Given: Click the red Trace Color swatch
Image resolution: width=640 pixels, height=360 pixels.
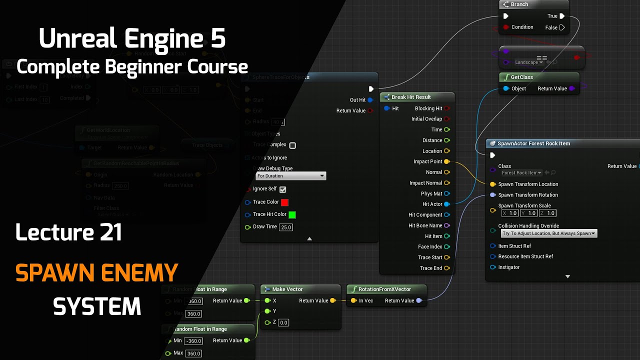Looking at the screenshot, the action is pyautogui.click(x=284, y=202).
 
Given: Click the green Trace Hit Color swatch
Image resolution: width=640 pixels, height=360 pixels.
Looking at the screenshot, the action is pyautogui.click(x=292, y=214).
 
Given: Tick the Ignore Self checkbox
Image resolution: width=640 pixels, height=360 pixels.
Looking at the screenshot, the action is pyautogui.click(x=282, y=189).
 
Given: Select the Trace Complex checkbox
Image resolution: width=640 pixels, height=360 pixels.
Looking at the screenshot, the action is pyautogui.click(x=292, y=145).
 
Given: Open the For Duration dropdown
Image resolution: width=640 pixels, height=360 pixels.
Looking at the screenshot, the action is pyautogui.click(x=290, y=176).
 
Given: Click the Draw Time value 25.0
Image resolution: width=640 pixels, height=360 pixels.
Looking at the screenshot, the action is pyautogui.click(x=286, y=227).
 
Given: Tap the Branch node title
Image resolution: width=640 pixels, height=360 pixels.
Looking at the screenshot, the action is pyautogui.click(x=519, y=4).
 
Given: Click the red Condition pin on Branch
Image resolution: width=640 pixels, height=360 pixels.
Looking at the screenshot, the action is pyautogui.click(x=506, y=27).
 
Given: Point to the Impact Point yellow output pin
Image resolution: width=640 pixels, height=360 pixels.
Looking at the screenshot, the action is pyautogui.click(x=446, y=161).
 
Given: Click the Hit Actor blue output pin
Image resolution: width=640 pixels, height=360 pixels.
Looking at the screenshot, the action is pyautogui.click(x=446, y=204).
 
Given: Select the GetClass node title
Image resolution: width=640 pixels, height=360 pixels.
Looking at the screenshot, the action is pyautogui.click(x=521, y=77).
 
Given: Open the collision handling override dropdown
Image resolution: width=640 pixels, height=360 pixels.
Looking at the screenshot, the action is pyautogui.click(x=548, y=233).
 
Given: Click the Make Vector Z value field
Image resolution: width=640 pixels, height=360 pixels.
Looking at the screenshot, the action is pyautogui.click(x=283, y=322).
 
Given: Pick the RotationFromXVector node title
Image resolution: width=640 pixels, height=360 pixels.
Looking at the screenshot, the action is pyautogui.click(x=384, y=289).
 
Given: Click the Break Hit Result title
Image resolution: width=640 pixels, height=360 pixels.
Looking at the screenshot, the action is pyautogui.click(x=411, y=97).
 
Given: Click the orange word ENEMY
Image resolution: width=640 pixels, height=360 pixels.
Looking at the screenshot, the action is pyautogui.click(x=139, y=273).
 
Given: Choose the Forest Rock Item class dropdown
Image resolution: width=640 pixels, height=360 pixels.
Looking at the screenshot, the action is pyautogui.click(x=521, y=173).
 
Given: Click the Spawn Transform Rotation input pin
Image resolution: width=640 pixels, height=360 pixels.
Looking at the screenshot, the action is pyautogui.click(x=493, y=195).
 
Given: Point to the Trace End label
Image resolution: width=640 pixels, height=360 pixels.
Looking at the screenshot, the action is pyautogui.click(x=430, y=268).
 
